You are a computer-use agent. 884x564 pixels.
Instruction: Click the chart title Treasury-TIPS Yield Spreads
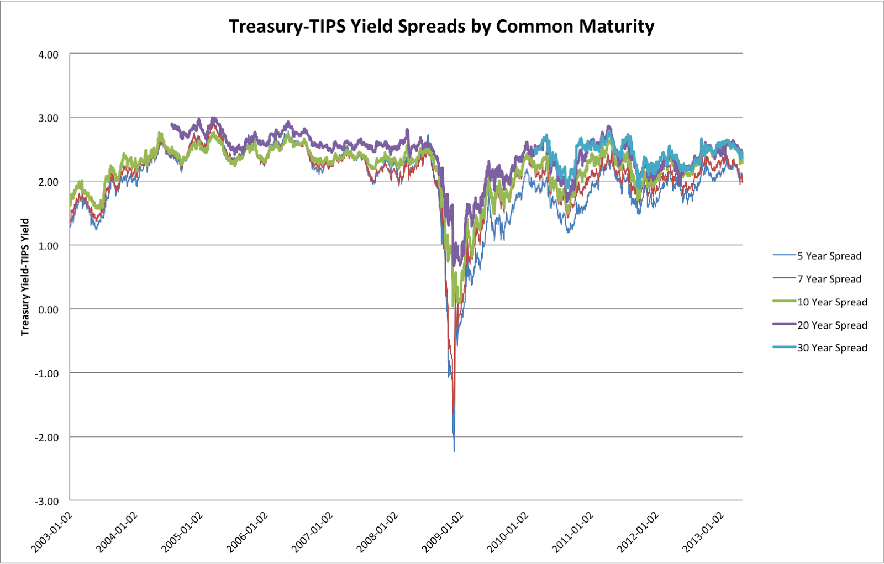441,26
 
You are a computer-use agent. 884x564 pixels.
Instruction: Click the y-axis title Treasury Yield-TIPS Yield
25,277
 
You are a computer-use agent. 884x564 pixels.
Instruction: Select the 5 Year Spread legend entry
829,256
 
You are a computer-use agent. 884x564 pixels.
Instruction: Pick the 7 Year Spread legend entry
829,279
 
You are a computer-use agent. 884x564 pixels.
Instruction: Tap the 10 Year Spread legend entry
832,302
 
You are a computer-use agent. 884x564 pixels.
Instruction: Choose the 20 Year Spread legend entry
832,325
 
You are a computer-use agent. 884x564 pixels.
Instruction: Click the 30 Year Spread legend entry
832,348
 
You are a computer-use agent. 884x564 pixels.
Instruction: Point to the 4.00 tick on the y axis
48,55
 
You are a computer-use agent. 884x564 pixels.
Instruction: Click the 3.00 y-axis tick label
48,118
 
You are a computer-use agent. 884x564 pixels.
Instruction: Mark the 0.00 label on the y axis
48,310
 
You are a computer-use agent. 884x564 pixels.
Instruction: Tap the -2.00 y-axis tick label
46,438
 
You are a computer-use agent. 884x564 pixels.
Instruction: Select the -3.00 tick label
46,502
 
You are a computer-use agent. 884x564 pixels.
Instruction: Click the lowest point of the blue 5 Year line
454,451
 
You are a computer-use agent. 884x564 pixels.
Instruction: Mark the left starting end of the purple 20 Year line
171,124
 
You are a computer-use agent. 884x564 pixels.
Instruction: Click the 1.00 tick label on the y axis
48,246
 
